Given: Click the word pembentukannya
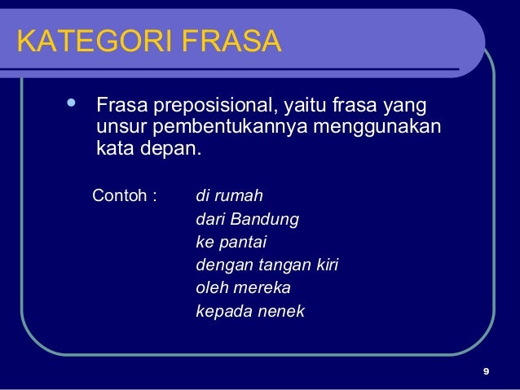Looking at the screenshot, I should click(x=231, y=129).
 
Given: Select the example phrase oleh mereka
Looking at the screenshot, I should click(x=243, y=288).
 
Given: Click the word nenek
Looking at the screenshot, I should click(x=281, y=311).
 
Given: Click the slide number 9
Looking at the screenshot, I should click(x=486, y=373).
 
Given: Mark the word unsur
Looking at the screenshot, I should click(x=120, y=129).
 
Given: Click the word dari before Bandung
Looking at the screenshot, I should click(x=210, y=220).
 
